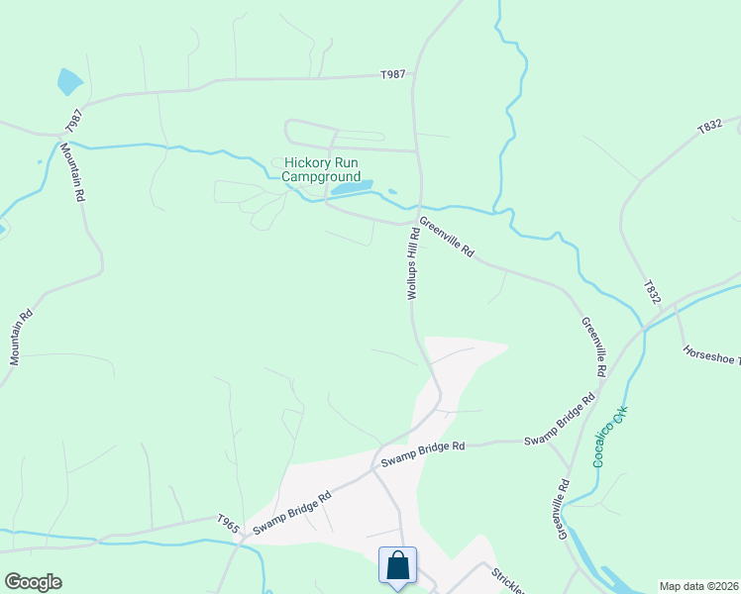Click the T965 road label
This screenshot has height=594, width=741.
click(x=228, y=519)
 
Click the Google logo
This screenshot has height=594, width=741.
click(x=33, y=582)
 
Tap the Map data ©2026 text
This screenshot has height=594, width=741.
click(x=699, y=586)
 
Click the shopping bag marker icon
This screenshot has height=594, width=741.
click(x=397, y=566)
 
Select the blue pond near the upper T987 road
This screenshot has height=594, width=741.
click(x=69, y=81)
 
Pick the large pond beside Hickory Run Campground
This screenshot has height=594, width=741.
click(x=352, y=186)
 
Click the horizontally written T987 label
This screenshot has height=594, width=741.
click(x=393, y=74)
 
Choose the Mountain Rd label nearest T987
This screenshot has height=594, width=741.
click(x=72, y=172)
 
